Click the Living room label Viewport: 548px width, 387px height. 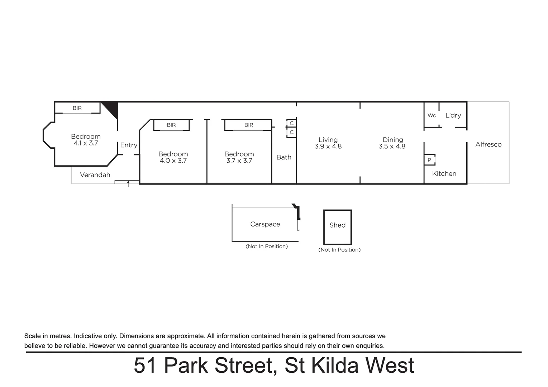[328, 140]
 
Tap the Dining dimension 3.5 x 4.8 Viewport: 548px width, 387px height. [392, 146]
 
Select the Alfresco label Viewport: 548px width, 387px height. [488, 144]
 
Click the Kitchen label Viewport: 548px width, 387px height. [444, 173]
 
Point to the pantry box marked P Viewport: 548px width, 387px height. [429, 160]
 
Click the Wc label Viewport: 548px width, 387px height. [432, 115]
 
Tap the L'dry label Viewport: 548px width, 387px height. [453, 115]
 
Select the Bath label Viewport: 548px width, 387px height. [284, 157]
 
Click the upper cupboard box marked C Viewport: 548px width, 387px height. [292, 123]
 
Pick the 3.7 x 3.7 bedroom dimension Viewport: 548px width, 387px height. [239, 161]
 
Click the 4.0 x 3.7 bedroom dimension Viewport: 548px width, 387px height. [173, 161]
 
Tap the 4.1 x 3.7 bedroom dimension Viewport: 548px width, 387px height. [86, 143]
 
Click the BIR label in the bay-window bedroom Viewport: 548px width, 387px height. [77, 108]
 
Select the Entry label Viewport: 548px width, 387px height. [129, 145]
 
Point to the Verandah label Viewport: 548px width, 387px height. [95, 175]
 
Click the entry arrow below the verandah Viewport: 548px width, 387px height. [128, 184]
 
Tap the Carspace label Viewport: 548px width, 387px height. [265, 224]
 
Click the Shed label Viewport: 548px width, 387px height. [337, 225]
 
